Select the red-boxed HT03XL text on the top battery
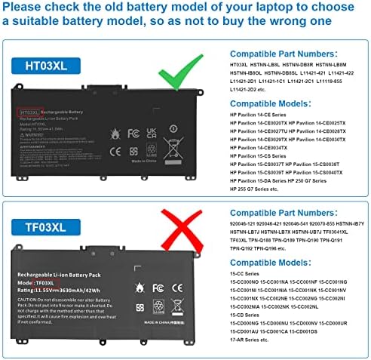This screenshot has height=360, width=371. click(29, 112)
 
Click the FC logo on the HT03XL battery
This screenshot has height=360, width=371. click(134, 133)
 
